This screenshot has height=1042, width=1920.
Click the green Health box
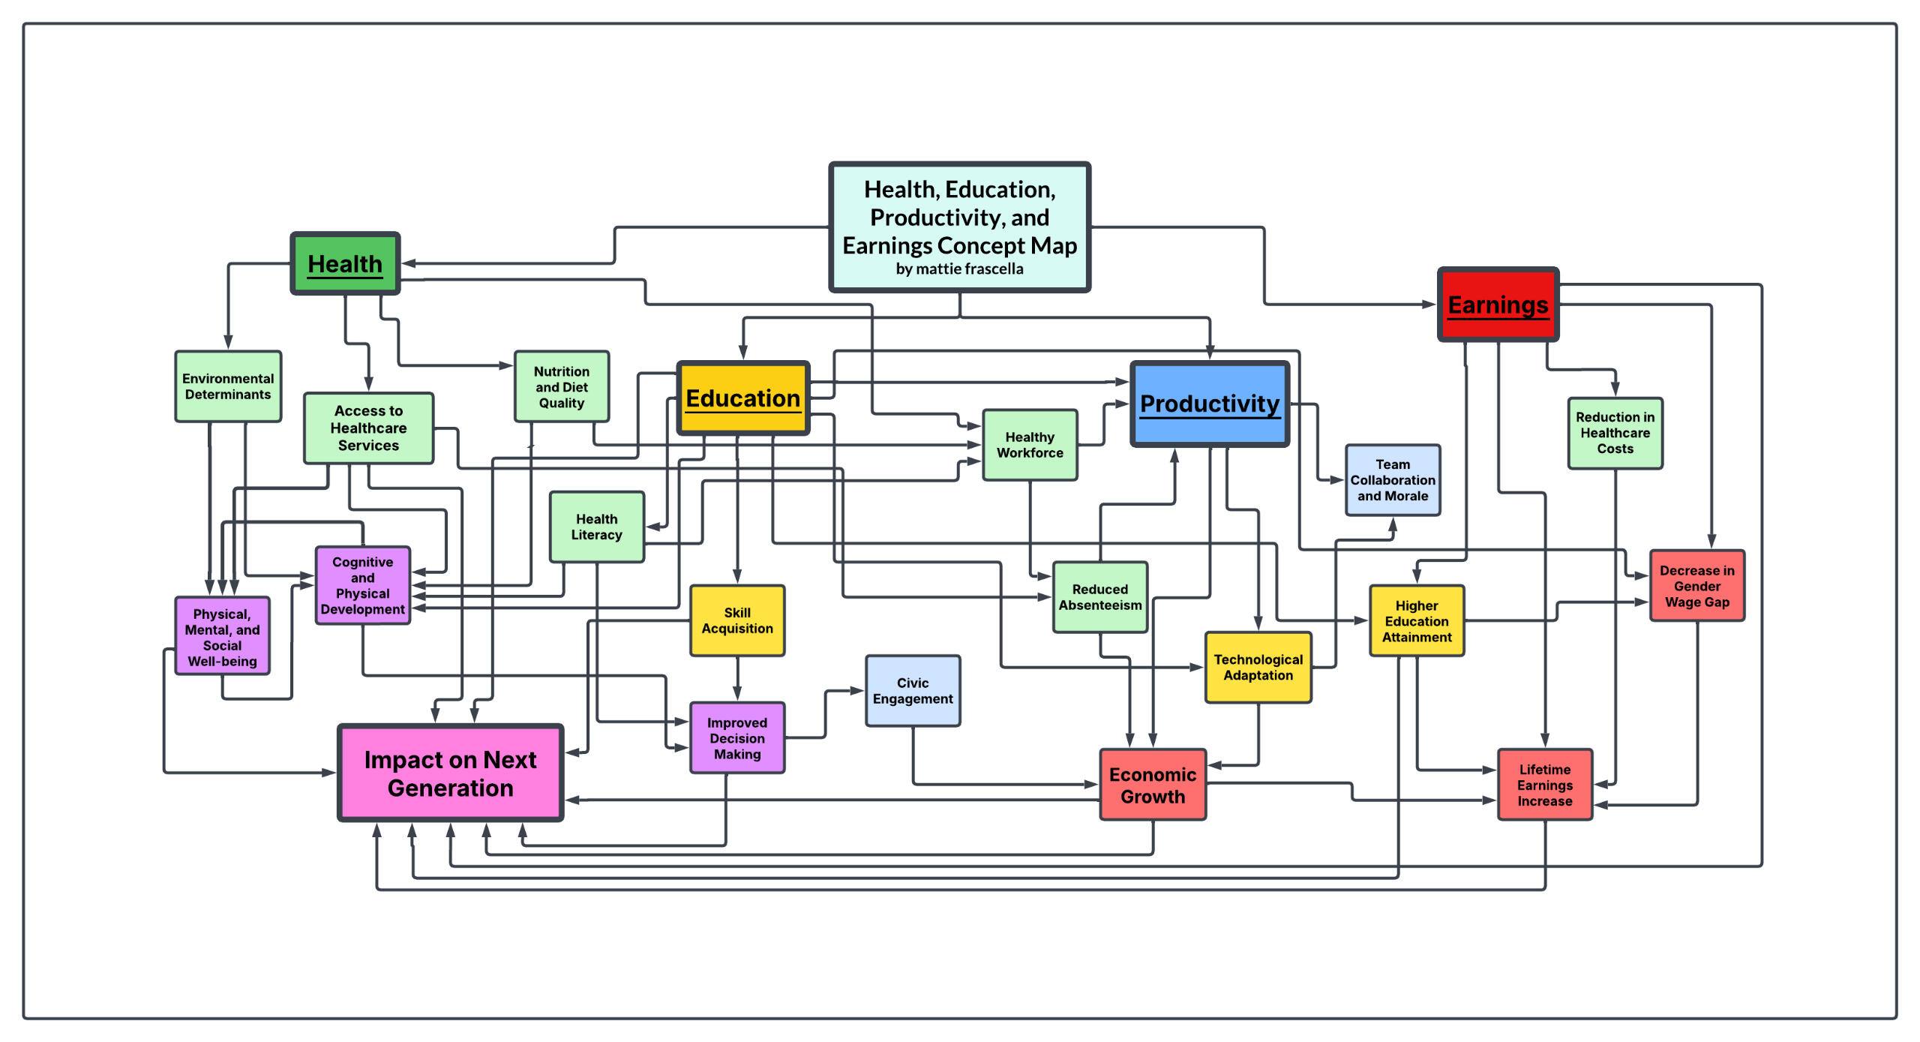pos(345,263)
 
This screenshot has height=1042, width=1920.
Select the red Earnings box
pos(1498,305)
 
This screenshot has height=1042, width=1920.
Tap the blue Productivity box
pos(1209,404)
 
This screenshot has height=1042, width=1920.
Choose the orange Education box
pos(742,398)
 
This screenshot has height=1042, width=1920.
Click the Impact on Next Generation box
pos(450,773)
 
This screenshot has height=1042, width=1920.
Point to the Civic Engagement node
pos(912,690)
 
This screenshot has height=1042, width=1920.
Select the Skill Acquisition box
pos(736,620)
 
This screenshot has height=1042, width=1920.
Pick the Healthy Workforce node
pos(1029,445)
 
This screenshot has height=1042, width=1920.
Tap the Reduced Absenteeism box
pos(1099,597)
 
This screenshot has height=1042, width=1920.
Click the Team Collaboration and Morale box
pos(1392,480)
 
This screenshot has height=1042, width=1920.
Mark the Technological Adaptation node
pos(1258,667)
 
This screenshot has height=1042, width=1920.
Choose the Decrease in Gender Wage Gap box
pos(1696,586)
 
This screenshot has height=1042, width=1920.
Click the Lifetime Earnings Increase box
pos(1544,785)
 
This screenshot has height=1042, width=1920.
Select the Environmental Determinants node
pos(228,386)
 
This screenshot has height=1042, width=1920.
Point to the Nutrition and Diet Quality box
pos(561,386)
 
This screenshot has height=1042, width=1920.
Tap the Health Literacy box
pos(596,527)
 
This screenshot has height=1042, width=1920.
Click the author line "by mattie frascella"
pos(958,269)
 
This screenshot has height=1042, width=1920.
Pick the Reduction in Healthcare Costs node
pos(1614,433)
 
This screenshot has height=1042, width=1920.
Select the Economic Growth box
pos(1152,785)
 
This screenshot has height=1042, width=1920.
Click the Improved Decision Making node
pos(736,738)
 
